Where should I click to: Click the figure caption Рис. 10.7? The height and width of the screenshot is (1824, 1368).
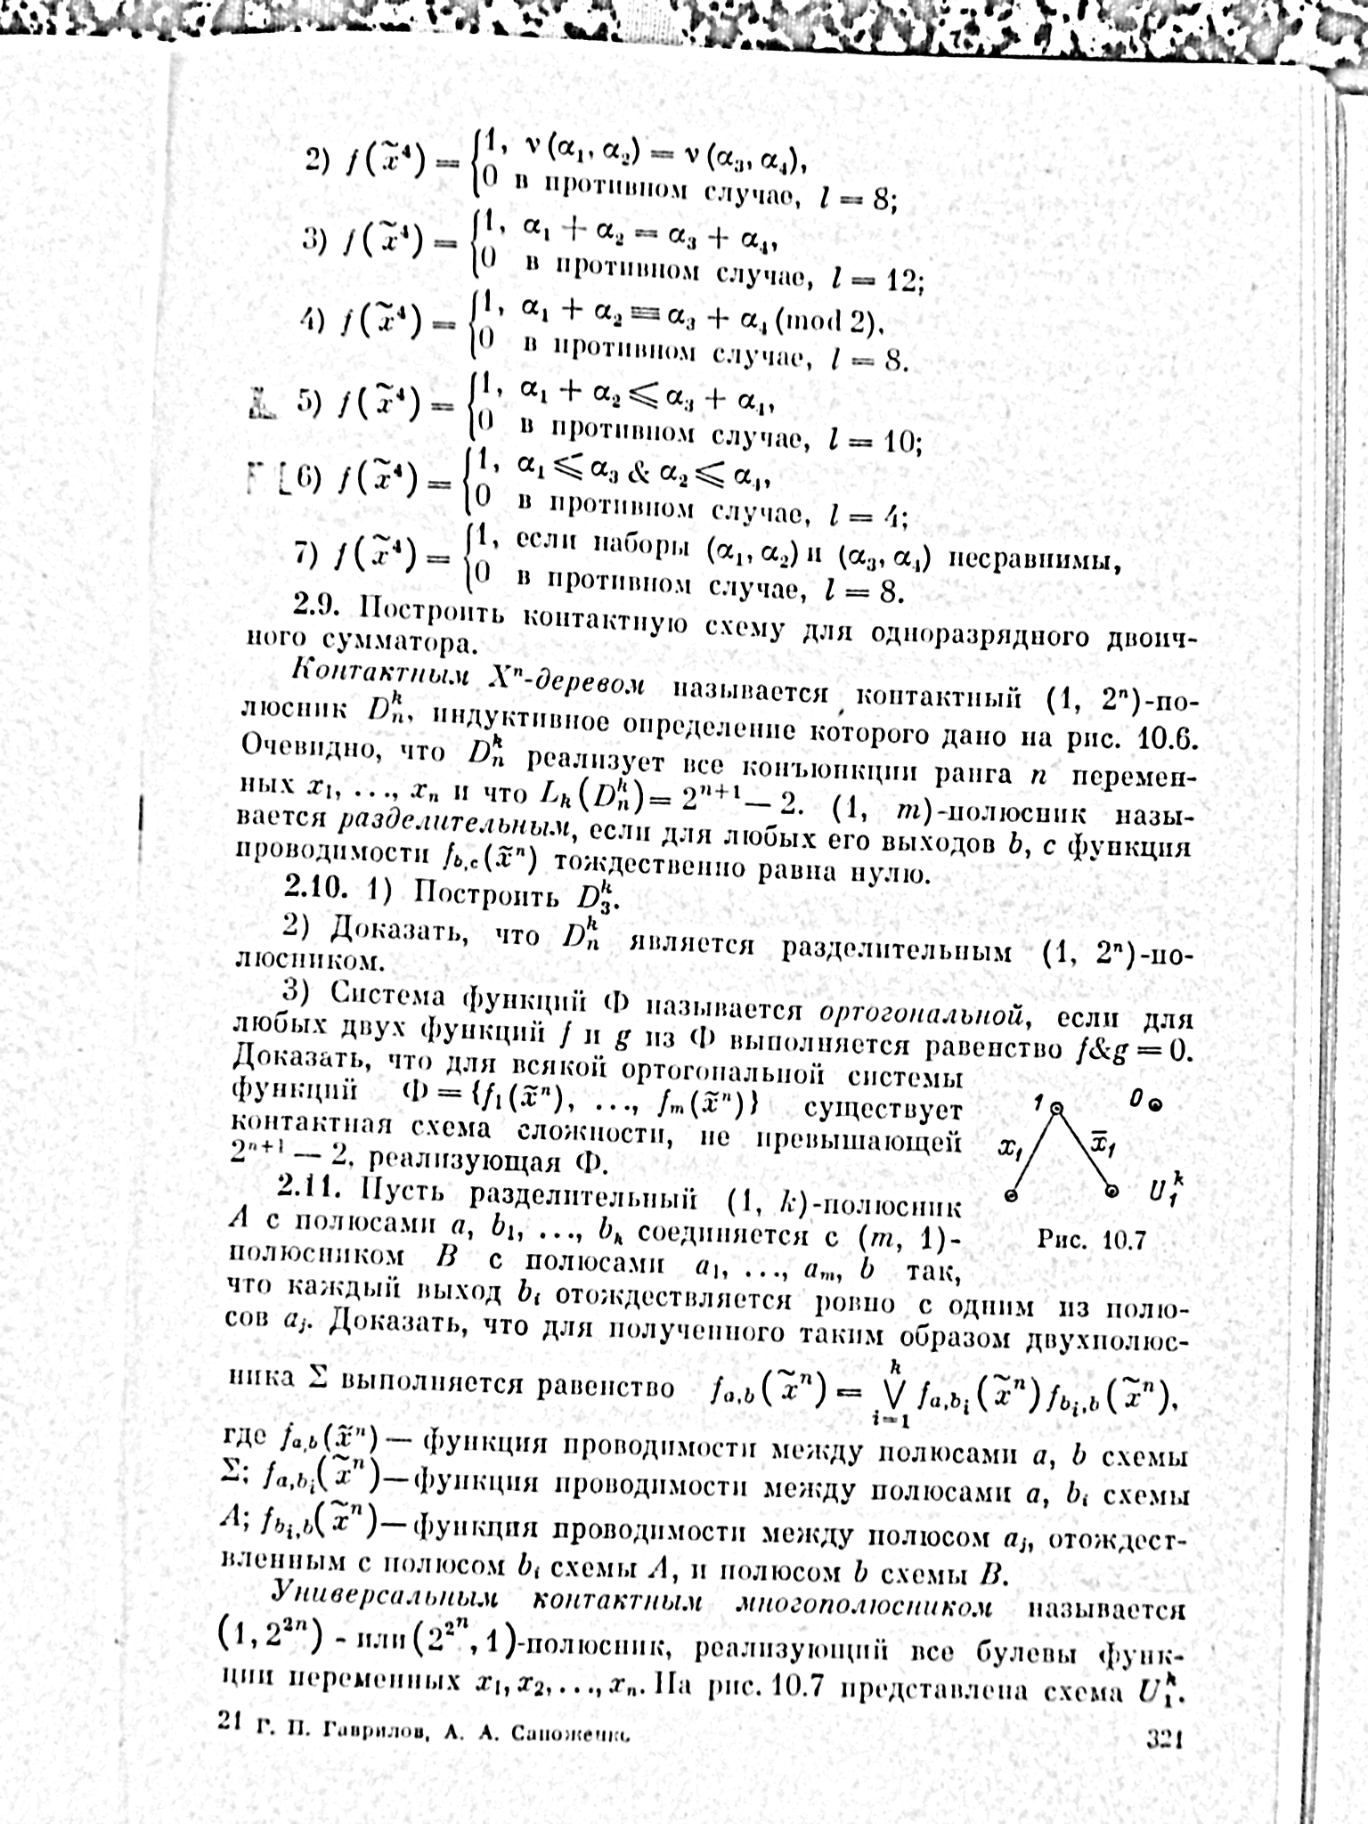point(1091,1240)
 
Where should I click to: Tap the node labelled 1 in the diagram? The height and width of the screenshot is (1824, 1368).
point(1056,1109)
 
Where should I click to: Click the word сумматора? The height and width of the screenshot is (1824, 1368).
point(368,642)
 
